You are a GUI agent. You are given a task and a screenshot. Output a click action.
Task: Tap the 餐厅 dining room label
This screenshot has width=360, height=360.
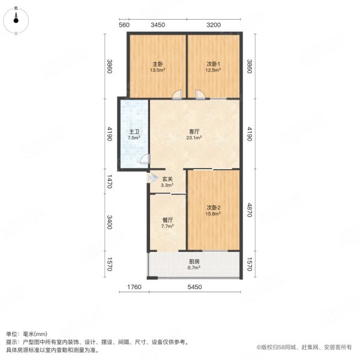[x=167, y=219]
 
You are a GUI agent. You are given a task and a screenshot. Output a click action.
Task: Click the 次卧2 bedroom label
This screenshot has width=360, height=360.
[x=214, y=207]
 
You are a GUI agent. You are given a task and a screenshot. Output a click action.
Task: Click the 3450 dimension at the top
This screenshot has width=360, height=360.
[x=157, y=25]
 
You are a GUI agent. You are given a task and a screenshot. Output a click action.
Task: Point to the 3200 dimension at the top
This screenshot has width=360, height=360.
[x=214, y=25]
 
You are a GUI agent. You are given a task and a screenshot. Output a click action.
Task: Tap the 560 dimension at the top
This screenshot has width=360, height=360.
[x=124, y=25]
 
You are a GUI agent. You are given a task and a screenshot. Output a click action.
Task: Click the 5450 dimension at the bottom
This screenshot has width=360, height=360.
[x=193, y=287]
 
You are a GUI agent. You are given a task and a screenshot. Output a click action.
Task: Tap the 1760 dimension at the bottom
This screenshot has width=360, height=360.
[x=134, y=287]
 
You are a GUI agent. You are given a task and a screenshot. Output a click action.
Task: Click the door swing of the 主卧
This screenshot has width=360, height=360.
[x=176, y=94]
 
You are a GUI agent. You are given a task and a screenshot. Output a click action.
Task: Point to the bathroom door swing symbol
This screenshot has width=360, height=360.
[x=145, y=160]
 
